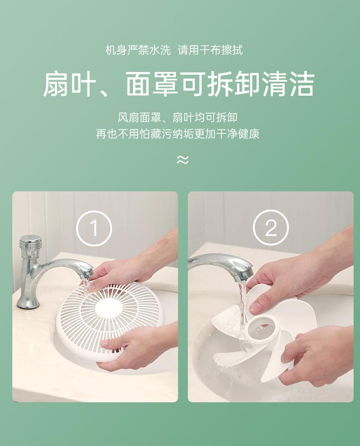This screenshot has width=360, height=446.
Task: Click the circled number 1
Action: coord(94,228)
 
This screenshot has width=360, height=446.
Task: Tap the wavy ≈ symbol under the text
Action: coord(182,160)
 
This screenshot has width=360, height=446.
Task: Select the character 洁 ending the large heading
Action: coord(302,84)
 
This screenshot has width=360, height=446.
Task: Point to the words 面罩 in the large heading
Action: coord(152,84)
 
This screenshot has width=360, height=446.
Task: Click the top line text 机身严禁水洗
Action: coord(138,51)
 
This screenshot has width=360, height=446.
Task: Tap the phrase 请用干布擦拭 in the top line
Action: coord(211,51)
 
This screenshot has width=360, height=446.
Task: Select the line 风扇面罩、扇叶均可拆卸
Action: coord(178,117)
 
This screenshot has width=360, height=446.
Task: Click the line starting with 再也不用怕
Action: coord(178,133)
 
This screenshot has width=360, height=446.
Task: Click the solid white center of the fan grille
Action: coord(108,308)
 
